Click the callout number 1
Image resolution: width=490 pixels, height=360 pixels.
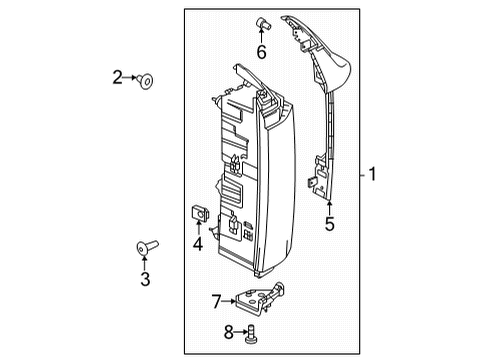[x=372, y=175]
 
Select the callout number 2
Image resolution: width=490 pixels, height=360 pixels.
[x=118, y=77]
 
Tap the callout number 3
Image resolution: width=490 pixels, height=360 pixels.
[x=145, y=279]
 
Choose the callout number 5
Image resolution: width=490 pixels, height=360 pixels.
[x=329, y=225]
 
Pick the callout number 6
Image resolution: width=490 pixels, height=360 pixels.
[x=262, y=52]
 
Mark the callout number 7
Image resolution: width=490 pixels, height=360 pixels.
[x=215, y=299]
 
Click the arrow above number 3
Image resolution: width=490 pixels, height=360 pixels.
[x=144, y=263]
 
